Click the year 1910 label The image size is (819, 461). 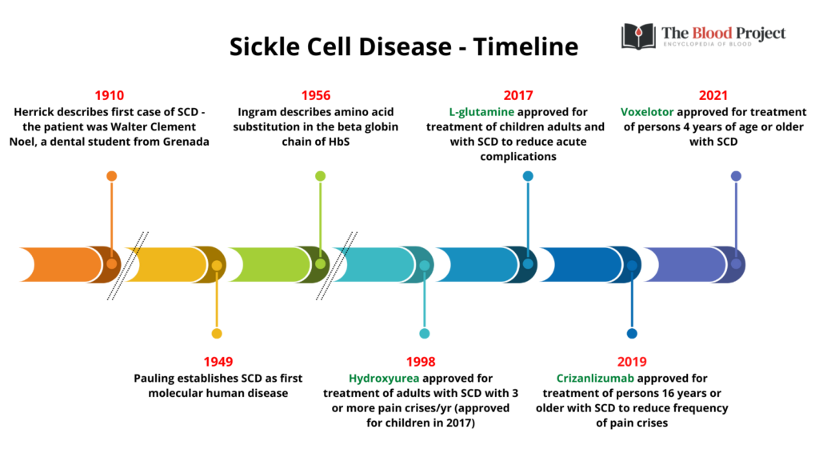coord(109,96)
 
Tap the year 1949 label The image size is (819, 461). coord(218,362)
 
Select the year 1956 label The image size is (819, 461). coord(315,96)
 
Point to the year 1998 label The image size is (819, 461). coord(421,362)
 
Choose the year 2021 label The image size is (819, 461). coord(713,96)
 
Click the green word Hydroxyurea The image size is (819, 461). coord(384,379)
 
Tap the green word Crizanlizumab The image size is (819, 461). coord(595,379)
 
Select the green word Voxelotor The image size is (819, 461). coord(647,112)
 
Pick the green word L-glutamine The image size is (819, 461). coord(481,112)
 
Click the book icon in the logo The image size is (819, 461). coord(638,37)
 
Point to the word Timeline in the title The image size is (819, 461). coord(526,46)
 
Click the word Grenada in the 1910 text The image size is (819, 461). coord(186,142)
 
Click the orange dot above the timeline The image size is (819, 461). coord(111,176)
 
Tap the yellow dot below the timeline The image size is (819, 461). coord(217,334)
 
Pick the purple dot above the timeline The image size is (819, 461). coord(736,176)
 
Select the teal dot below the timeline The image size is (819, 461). coord(425,334)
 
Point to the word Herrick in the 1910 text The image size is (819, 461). coord(34,112)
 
